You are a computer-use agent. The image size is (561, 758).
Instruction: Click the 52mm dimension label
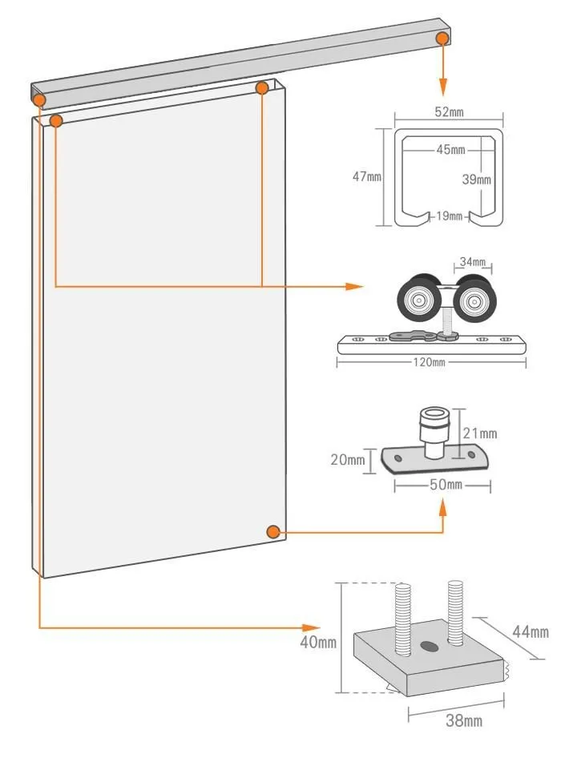pos(449,111)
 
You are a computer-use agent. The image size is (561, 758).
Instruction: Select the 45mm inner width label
pos(450,149)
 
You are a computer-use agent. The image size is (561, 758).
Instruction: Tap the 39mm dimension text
pos(476,179)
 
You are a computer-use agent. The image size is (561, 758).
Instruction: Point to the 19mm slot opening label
pos(450,216)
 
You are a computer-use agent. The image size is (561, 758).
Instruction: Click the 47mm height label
pos(366,176)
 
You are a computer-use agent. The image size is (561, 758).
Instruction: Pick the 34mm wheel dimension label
pos(473,261)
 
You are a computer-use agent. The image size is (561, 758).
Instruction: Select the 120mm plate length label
pos(429,362)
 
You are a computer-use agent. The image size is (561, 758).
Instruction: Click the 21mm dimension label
pos(480,433)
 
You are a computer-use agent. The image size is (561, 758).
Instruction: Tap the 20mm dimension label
pos(348,459)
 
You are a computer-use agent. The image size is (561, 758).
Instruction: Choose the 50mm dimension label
pos(446,485)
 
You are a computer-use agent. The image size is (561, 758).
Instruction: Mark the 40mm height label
pos(318,642)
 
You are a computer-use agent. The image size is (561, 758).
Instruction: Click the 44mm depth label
pos(531,631)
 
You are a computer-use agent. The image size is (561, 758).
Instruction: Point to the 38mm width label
pos(464,720)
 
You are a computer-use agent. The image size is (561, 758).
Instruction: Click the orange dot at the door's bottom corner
pos(274,532)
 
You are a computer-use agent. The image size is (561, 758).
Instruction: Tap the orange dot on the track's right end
pos(442,38)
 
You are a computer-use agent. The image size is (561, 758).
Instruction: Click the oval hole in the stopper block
pos(429,645)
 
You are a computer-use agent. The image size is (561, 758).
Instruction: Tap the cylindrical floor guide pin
pos(434,432)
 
